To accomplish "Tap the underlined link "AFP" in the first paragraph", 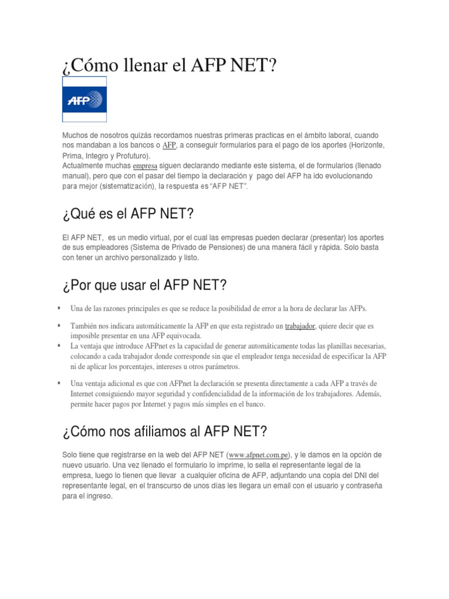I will click(169, 145).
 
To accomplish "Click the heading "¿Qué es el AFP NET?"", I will click(127, 215).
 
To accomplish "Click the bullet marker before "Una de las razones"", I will click(59, 308).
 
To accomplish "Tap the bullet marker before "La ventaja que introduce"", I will click(59, 346).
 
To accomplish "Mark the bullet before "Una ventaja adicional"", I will click(59, 383).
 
